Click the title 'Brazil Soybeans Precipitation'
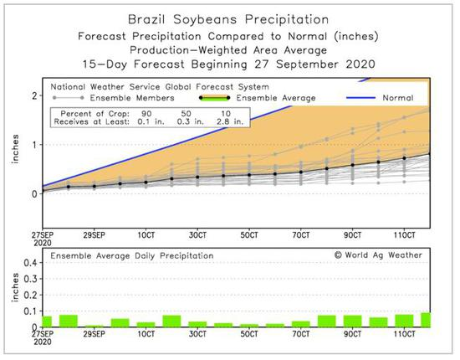point(228,19)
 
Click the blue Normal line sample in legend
point(360,98)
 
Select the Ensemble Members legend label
point(132,98)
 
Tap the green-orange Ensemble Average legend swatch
point(214,98)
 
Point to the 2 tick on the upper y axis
point(35,95)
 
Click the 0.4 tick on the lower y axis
point(30,263)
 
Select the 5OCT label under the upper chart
point(249,235)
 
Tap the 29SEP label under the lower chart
point(94,334)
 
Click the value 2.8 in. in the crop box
point(230,121)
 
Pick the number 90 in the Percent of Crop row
point(146,114)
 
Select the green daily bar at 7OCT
point(301,324)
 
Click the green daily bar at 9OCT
point(353,321)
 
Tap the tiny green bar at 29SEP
point(94,327)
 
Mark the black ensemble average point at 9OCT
point(353,165)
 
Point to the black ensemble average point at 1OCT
point(146,183)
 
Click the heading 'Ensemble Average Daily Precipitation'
point(132,256)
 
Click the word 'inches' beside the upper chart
point(15,149)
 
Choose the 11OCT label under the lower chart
point(405,334)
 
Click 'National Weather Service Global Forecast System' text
point(160,87)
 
